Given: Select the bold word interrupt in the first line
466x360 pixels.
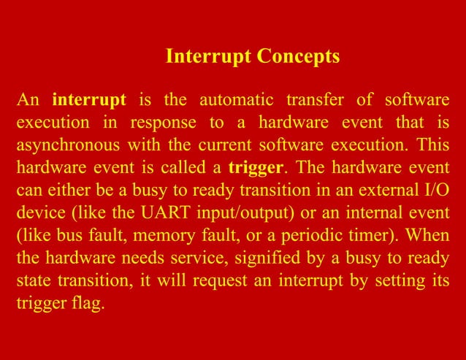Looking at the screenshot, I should pyautogui.click(x=90, y=99).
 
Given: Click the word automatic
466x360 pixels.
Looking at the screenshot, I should pyautogui.click(x=232, y=99).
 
